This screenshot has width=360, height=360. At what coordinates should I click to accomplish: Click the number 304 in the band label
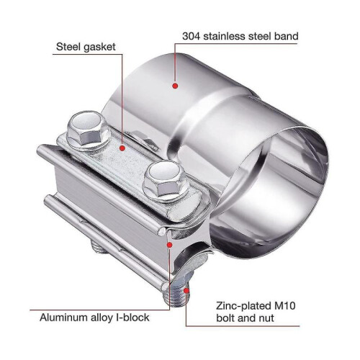[x=191, y=37]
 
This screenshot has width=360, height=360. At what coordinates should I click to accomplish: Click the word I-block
[x=132, y=318]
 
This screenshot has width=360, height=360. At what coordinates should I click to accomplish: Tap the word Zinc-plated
[x=243, y=307]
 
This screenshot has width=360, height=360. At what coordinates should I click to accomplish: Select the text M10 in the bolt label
[x=285, y=306]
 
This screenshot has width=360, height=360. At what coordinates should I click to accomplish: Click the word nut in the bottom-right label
[x=266, y=318]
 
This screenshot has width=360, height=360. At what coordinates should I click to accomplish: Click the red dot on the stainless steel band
[x=176, y=86]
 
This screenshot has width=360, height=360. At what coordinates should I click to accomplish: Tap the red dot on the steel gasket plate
[x=122, y=148]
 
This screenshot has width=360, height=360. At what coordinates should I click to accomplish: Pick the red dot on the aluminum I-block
[x=170, y=245]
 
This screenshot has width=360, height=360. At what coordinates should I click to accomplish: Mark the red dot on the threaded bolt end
[x=186, y=291]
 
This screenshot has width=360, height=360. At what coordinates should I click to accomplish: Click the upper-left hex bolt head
[x=86, y=130]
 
